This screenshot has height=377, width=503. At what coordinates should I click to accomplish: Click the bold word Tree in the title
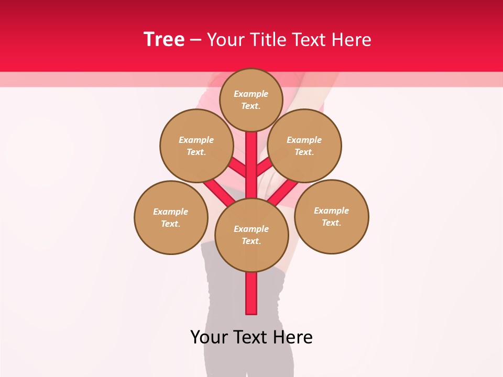[164, 39]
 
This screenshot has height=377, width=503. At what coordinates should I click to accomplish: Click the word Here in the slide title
[351, 40]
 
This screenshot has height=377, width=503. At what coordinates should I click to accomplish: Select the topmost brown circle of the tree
[251, 99]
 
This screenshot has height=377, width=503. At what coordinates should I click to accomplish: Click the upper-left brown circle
[196, 146]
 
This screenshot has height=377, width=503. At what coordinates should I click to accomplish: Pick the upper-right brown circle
[304, 146]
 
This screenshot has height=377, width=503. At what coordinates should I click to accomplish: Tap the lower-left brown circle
[171, 217]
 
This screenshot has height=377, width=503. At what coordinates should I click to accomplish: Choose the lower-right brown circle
[331, 216]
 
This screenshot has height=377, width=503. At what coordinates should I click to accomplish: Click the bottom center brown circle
[251, 235]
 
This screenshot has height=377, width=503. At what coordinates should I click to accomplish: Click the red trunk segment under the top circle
[251, 157]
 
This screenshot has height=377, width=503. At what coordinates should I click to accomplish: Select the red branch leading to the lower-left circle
[217, 191]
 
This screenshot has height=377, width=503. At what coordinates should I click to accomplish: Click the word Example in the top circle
[251, 94]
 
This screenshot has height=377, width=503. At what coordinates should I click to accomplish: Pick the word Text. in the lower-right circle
[331, 223]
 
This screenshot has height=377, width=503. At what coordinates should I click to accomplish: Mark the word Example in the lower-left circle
[171, 212]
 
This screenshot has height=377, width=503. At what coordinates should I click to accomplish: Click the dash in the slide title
[195, 40]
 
